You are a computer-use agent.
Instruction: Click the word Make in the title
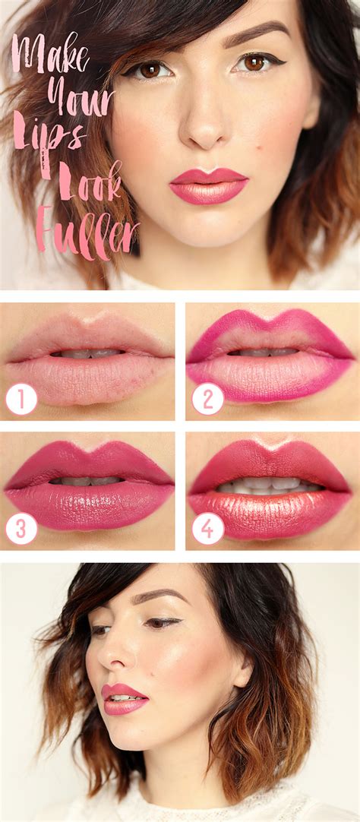50,55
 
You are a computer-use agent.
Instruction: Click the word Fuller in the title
87,229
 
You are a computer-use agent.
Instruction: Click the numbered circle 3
21,528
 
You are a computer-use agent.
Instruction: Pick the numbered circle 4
207,528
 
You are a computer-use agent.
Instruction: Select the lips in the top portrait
209,186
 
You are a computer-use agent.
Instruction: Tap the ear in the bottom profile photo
242,673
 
